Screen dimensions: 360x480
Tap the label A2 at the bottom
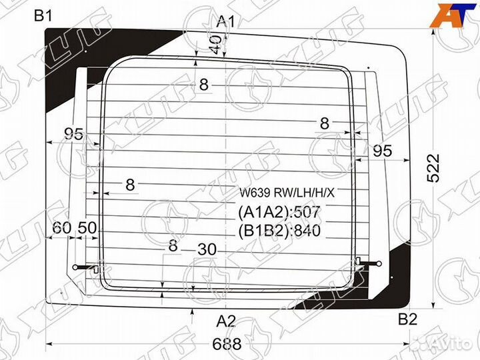point(226,321)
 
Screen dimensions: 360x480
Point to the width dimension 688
point(227,344)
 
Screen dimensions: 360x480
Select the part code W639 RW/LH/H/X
point(288,193)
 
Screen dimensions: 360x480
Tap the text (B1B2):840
point(279,231)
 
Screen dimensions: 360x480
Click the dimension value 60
point(62,227)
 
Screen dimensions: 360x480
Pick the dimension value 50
point(87,227)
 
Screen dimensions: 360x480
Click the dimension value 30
point(207,248)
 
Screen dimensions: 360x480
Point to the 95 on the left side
point(73,134)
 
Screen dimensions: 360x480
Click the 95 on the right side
point(381,151)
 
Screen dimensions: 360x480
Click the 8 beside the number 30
point(173,245)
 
